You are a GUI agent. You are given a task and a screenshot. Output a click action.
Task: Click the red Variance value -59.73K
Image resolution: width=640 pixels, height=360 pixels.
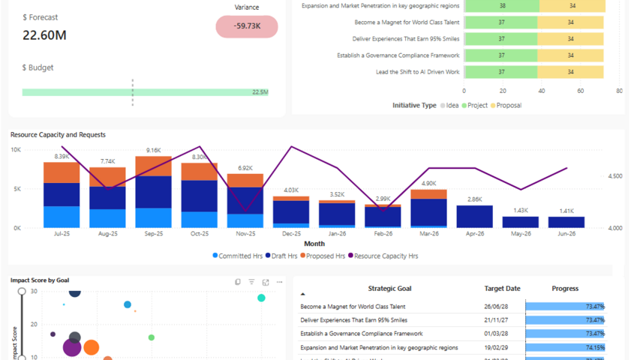247,26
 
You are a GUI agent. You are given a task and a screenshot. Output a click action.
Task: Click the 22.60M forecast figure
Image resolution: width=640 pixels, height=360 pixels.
44,35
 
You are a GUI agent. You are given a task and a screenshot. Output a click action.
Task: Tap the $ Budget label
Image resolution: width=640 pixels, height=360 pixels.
38,67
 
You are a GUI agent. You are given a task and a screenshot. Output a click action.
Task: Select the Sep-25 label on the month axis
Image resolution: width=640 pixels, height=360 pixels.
153,233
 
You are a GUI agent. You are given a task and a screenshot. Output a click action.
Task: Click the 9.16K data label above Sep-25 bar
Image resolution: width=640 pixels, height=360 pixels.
153,150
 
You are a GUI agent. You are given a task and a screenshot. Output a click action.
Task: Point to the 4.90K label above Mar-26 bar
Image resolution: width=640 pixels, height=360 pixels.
428,183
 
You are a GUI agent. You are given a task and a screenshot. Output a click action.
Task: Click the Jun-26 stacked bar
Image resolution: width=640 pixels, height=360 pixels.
566,222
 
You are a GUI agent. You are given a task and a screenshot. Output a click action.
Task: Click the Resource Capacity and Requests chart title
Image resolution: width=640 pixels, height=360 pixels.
58,135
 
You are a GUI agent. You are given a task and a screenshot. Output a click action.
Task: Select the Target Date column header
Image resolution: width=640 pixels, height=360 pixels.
502,289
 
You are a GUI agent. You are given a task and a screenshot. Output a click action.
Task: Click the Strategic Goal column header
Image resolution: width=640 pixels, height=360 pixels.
389,289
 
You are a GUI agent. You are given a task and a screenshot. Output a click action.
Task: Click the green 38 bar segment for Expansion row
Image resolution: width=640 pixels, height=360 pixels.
501,6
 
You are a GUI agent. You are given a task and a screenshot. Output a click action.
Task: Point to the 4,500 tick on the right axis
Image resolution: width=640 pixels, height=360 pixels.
614,176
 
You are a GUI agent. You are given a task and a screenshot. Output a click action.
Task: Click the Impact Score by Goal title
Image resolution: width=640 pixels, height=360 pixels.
40,280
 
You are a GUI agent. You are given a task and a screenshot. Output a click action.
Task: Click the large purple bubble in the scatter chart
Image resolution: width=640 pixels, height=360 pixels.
72,346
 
